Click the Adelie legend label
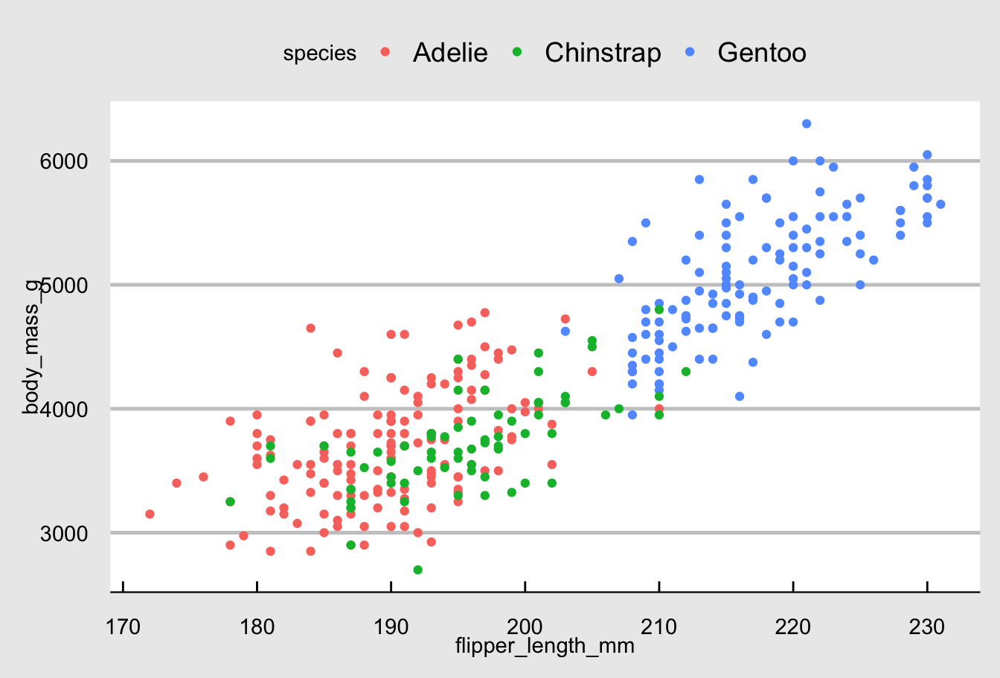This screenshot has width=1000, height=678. click(450, 53)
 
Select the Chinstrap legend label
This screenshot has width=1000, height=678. click(603, 53)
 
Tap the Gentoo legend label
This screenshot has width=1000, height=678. click(762, 53)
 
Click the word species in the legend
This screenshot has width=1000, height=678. click(320, 54)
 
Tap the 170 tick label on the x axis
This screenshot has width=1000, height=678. click(123, 627)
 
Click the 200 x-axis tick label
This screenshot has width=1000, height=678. click(525, 627)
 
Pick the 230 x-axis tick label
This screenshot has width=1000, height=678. click(927, 627)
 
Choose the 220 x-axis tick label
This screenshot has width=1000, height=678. click(793, 627)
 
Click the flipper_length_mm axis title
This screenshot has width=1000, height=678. click(545, 646)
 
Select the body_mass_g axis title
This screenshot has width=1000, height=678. click(31, 346)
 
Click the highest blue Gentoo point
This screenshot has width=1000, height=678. click(807, 123)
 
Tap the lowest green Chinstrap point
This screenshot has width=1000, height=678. click(417, 569)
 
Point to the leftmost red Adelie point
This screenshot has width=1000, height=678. click(150, 514)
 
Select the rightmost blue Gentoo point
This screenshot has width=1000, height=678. click(940, 204)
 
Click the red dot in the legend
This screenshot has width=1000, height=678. click(385, 52)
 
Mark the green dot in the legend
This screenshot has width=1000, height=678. click(518, 52)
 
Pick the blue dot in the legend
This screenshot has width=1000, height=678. click(690, 52)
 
